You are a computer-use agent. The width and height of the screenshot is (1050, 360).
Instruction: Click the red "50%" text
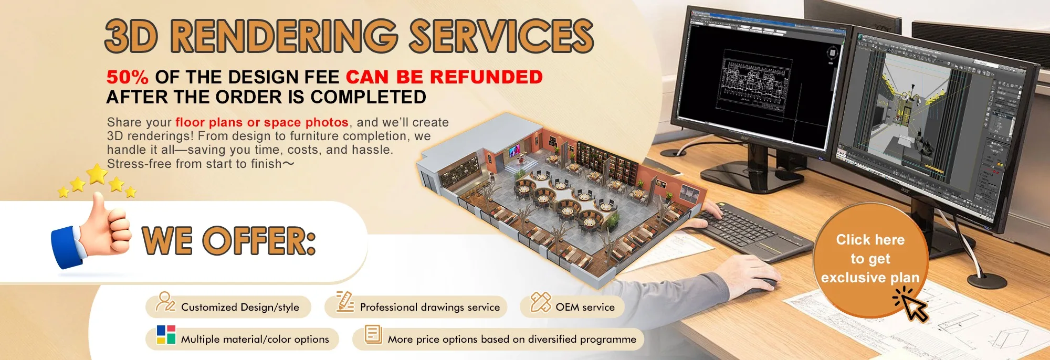(127, 77)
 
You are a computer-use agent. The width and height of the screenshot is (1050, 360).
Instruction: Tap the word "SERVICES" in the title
(501, 36)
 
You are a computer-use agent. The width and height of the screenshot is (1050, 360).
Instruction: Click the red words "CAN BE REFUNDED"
(444, 77)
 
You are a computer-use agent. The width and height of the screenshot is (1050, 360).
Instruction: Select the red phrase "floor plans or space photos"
(261, 122)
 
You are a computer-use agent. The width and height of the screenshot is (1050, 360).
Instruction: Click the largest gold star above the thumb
(97, 174)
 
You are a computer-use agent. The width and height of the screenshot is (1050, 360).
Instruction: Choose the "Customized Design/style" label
(240, 307)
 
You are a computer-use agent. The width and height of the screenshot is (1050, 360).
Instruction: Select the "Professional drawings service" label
(429, 307)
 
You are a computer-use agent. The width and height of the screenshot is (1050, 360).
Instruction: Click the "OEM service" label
(585, 307)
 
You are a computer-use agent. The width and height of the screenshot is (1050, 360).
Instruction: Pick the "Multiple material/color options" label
(255, 339)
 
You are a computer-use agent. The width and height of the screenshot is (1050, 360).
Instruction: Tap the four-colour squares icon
(166, 335)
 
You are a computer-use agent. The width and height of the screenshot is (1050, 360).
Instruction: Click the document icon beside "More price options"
(373, 334)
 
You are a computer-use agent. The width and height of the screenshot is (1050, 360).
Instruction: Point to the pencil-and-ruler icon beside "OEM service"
(540, 302)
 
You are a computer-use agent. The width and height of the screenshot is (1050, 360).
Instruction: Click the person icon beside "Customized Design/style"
(165, 302)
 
